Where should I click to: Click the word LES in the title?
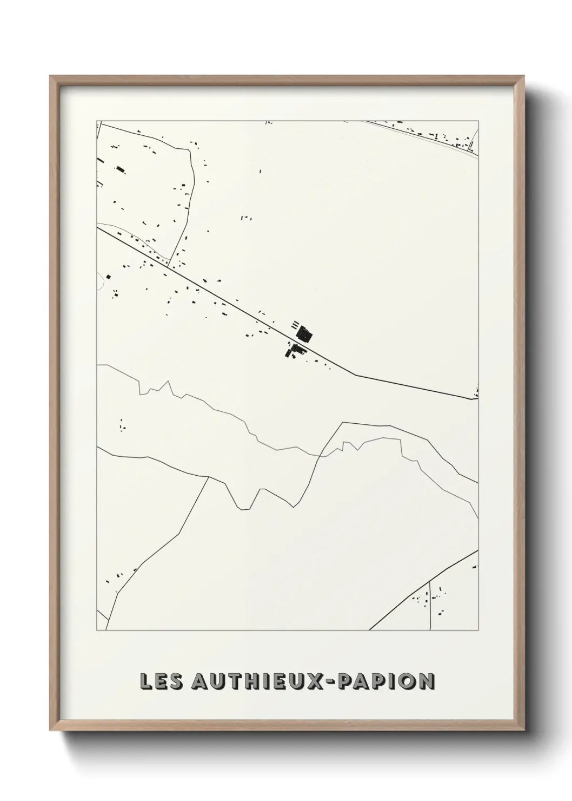point(160,681)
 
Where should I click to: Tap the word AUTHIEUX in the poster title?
point(255,681)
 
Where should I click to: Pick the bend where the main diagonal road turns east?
point(355,375)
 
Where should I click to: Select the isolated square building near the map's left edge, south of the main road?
point(109,277)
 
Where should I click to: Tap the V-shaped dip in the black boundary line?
point(243,508)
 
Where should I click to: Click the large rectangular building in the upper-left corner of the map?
point(120,170)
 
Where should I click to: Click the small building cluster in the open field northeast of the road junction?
point(246,218)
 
